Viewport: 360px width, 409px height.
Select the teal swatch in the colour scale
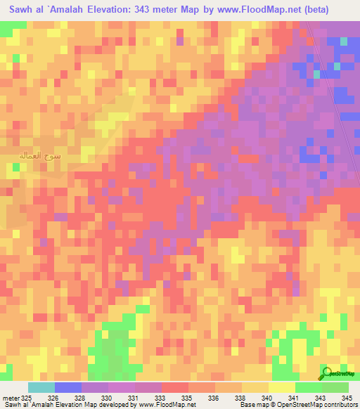point(41,387)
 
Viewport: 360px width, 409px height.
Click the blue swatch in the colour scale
point(68,387)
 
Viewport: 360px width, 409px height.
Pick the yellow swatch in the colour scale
point(282,387)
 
